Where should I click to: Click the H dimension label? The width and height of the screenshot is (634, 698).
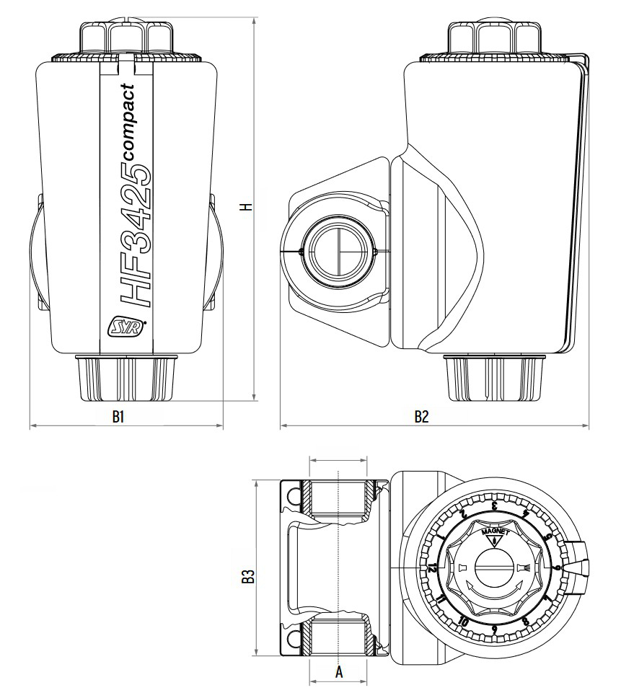247,207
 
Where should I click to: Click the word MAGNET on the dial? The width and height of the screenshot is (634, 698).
495,532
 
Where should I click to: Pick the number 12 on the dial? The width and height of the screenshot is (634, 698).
432,568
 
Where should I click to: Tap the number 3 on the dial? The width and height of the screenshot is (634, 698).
495,506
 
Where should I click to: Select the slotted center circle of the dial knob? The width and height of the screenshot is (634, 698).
495,568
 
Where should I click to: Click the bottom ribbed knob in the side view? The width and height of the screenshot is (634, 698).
493,378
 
